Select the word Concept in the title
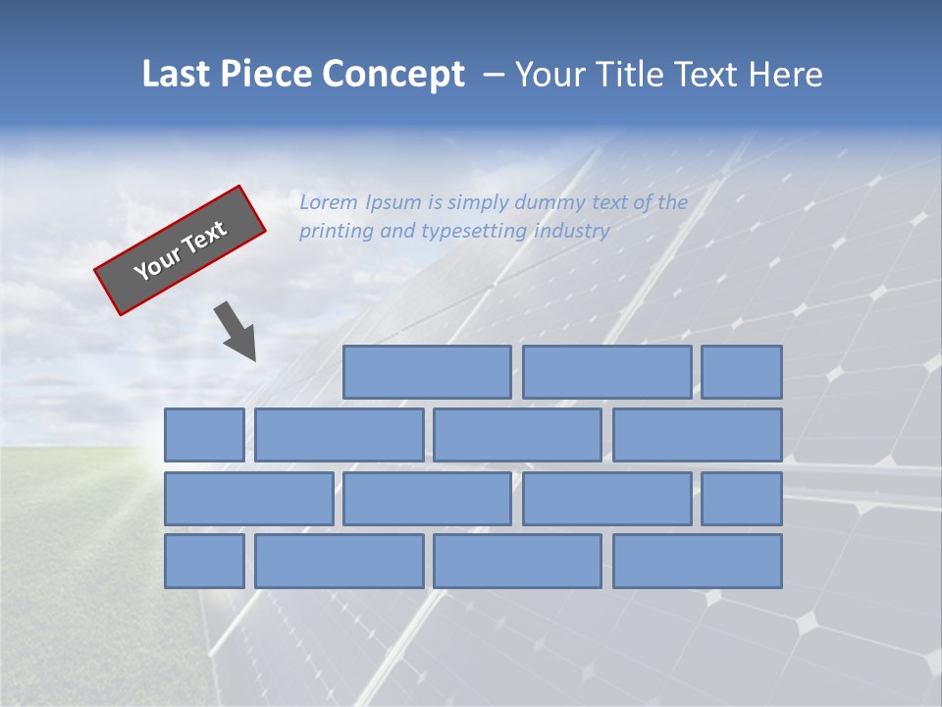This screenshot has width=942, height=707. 394,75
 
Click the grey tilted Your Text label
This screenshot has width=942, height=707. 181,250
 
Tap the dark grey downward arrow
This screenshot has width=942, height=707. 236,331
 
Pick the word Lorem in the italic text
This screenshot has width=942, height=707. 329,203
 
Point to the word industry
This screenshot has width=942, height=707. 572,232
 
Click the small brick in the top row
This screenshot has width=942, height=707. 742,372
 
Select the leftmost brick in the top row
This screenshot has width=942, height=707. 427,372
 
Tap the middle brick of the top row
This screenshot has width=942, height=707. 606,372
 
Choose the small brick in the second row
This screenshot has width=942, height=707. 204,435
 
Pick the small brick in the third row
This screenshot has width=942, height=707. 742,499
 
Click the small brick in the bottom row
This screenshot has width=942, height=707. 204,561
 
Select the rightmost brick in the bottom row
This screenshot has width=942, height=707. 698,561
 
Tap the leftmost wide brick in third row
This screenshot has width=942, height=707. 248,499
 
